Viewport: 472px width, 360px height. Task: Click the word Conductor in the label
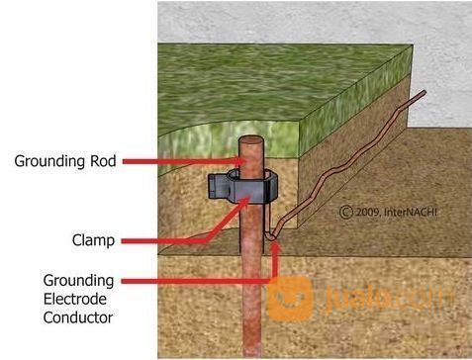[x=79, y=317]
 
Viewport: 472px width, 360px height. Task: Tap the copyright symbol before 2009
[x=345, y=211]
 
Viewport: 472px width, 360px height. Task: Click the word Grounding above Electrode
[x=78, y=280]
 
